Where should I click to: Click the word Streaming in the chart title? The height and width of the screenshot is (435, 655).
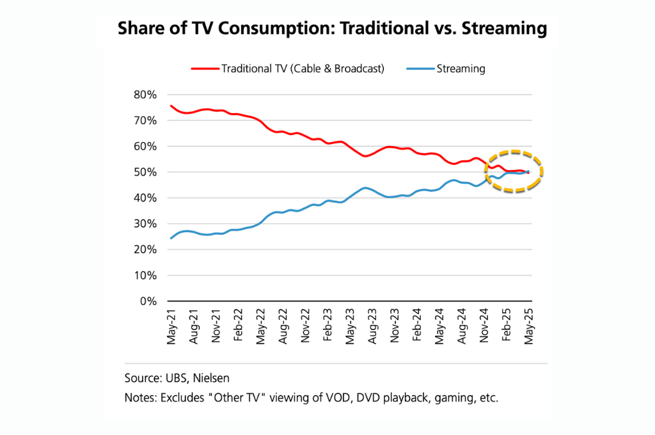[500, 28]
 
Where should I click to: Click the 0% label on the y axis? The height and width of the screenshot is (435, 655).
[149, 301]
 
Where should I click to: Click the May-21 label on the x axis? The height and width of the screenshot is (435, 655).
[171, 328]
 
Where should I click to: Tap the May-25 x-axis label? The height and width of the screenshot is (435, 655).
[529, 328]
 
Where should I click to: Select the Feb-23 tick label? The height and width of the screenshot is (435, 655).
[327, 328]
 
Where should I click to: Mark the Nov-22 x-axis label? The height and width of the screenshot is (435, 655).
[305, 328]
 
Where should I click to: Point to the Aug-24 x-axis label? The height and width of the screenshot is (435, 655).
[462, 328]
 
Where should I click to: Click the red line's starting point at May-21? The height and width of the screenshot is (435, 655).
[171, 106]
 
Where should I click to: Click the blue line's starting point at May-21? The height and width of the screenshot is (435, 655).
[171, 238]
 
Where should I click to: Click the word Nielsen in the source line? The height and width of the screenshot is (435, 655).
[209, 377]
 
